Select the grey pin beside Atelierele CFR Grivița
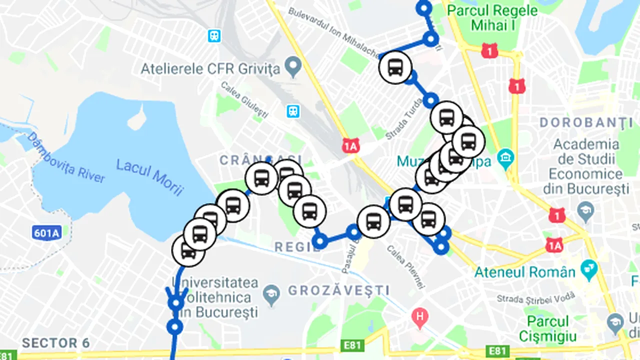[292, 65]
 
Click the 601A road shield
[46, 232]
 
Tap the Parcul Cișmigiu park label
[547, 328]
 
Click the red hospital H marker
[419, 316]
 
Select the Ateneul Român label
[524, 272]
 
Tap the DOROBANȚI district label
[586, 122]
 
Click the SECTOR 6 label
[56, 343]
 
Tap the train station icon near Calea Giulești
[292, 111]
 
